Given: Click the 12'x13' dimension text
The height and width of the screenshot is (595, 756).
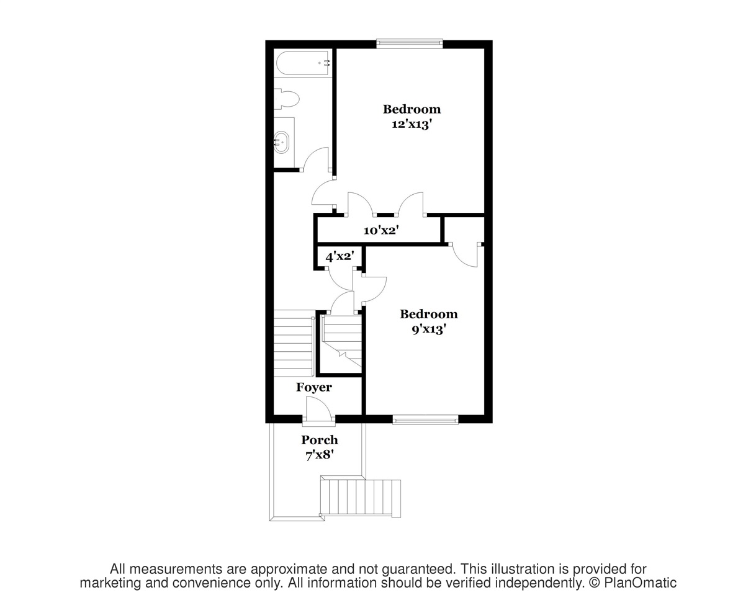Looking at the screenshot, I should (412, 124).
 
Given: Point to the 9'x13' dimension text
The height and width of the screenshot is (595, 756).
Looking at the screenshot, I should (429, 329).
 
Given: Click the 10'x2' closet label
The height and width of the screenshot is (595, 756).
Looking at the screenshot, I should (380, 231).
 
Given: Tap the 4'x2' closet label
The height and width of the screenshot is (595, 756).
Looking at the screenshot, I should (340, 256).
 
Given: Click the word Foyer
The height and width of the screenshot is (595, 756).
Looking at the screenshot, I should (314, 387).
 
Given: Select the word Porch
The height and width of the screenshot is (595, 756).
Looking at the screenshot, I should (320, 440).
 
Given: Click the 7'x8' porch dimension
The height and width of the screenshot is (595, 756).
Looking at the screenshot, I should (320, 455).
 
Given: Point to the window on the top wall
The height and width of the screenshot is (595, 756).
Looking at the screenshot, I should (410, 44).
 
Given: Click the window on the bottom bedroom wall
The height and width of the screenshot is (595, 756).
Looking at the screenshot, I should (426, 420).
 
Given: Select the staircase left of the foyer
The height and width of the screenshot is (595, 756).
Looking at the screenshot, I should (294, 345).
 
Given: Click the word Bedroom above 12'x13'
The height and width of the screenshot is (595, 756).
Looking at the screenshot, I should (412, 109).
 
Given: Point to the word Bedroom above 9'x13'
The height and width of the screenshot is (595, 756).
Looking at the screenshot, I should (429, 314).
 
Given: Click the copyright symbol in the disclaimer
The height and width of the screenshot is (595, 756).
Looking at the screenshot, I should (595, 583).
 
